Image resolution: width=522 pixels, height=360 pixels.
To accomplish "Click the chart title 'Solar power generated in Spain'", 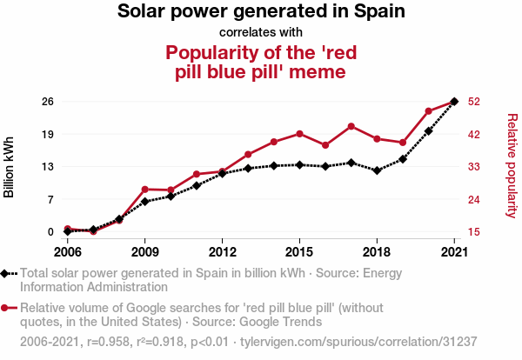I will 261,12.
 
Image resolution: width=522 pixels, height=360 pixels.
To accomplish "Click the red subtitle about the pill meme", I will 261,62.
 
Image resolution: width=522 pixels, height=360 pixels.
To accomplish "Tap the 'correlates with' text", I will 261,33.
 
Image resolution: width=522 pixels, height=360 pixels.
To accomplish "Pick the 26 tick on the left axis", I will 49,102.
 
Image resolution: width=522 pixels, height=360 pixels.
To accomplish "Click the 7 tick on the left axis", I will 51,200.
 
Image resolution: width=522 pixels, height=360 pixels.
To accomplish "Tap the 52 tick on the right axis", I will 474,102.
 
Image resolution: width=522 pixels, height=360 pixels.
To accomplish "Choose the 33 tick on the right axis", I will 474,167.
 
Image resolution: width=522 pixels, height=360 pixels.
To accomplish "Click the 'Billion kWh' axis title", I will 10,167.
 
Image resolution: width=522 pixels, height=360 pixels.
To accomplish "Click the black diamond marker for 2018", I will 377,170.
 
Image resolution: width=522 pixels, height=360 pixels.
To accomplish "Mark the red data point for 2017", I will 351,126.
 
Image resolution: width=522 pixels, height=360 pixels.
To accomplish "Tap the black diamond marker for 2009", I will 144,202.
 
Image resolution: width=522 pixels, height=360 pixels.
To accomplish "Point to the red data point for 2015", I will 299,134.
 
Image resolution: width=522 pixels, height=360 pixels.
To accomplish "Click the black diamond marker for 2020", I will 428,131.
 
